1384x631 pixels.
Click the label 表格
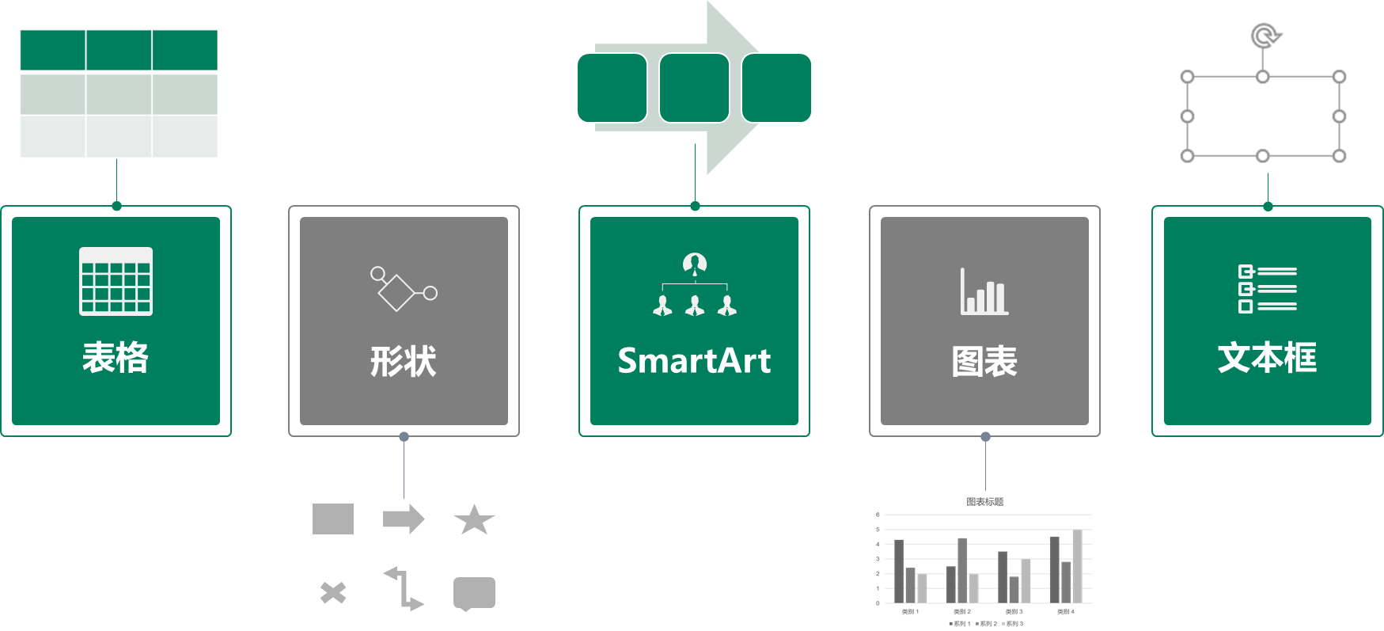(x=116, y=358)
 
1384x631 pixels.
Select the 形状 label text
(x=404, y=362)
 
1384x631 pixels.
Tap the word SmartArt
(x=694, y=361)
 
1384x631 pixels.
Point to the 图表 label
(x=984, y=362)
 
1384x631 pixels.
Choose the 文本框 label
(x=1267, y=358)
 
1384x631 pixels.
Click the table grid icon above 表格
(x=116, y=281)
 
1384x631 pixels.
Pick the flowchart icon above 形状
(x=404, y=288)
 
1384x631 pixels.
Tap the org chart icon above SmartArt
(x=694, y=285)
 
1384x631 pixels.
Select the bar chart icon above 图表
(x=984, y=291)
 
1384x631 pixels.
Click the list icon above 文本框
(x=1267, y=289)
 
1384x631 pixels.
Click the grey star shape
(x=474, y=520)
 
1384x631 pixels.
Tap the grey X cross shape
(x=333, y=592)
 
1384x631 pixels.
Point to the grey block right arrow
(x=404, y=519)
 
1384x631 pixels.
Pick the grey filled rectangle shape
(x=333, y=519)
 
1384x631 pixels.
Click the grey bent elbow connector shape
(x=404, y=589)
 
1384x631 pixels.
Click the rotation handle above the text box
(x=1265, y=36)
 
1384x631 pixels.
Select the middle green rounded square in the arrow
(x=694, y=88)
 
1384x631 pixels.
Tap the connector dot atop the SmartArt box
(x=695, y=207)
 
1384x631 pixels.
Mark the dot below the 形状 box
(x=404, y=436)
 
